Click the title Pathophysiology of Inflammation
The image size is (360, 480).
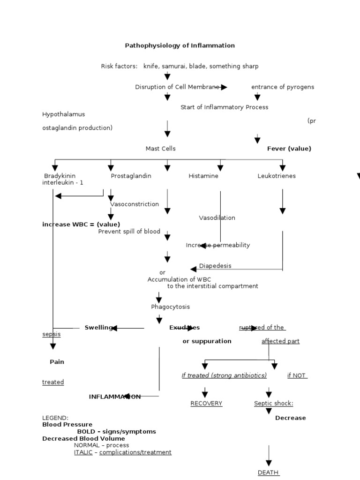point(180,45)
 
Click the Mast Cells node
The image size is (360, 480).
point(160,149)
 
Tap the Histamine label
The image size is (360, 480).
point(203,176)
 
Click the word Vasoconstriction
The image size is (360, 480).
point(135,204)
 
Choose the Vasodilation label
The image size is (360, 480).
point(217,218)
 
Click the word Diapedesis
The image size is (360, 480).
point(215,266)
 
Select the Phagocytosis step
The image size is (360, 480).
point(170,307)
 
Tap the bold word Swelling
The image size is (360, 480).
point(98,328)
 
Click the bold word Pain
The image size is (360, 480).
point(57,362)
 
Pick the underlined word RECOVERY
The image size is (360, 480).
point(206,404)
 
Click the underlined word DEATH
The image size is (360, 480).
point(269,472)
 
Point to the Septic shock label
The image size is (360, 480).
point(273,404)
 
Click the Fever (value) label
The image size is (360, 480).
point(289,149)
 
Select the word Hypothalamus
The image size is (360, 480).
point(64,114)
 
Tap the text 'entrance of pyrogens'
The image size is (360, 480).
point(283,87)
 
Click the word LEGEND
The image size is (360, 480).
point(55,418)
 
